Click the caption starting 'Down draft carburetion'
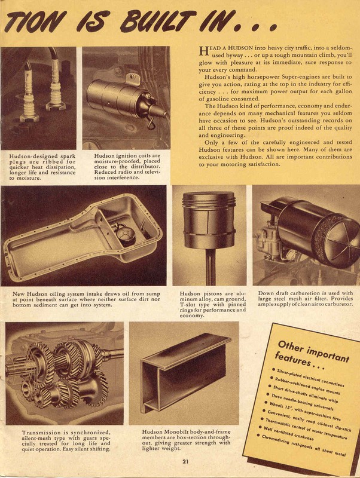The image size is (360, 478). [305, 299]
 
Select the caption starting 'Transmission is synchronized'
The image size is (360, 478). [66, 440]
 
